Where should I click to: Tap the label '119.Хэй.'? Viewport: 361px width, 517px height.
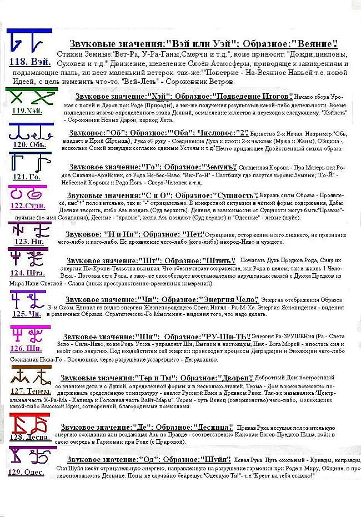tap(26, 111)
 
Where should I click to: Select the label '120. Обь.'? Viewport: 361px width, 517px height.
tap(29, 145)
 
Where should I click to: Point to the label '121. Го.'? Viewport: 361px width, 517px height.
tap(27, 177)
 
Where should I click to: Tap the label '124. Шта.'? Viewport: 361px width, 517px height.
tap(28, 273)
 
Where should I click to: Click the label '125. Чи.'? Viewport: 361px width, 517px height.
tap(27, 314)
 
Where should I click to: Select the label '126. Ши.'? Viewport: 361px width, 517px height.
tap(27, 349)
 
